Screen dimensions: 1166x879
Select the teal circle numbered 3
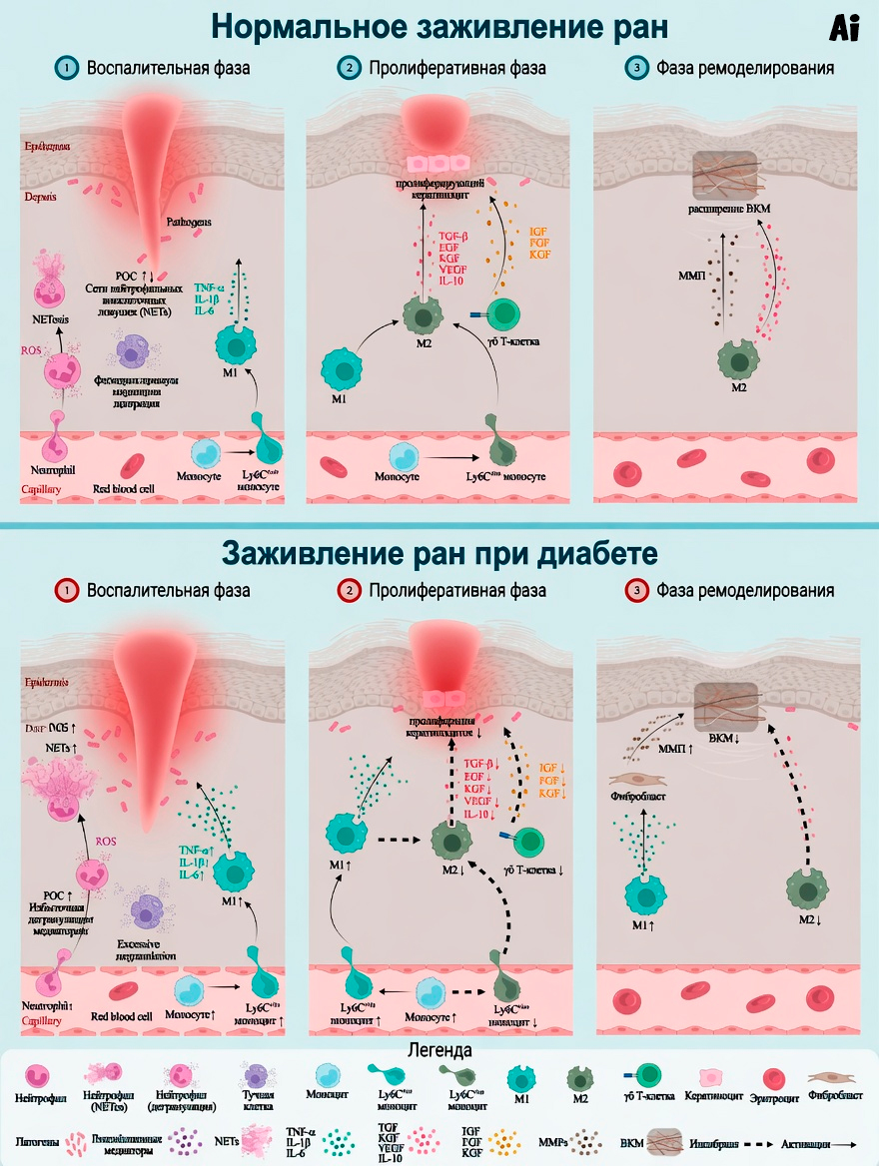635,69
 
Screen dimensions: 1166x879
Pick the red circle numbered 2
349,590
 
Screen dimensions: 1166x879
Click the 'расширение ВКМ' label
734,208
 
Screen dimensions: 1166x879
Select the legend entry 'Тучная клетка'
257,1097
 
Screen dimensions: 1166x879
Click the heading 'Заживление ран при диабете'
439,552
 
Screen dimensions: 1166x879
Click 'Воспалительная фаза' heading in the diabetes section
168,590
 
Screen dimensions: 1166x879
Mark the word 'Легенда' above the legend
439,1050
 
